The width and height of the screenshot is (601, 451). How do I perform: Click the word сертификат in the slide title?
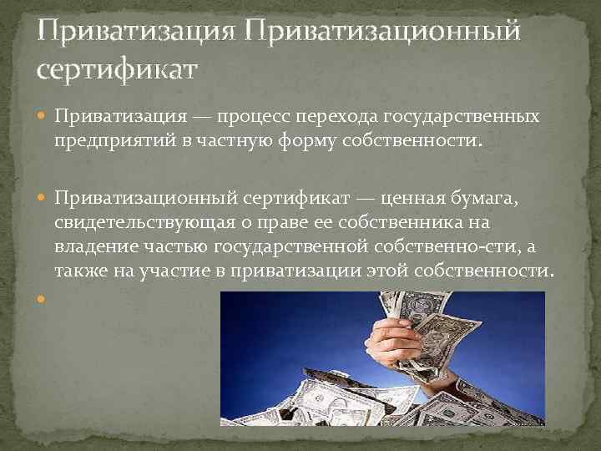116,68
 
